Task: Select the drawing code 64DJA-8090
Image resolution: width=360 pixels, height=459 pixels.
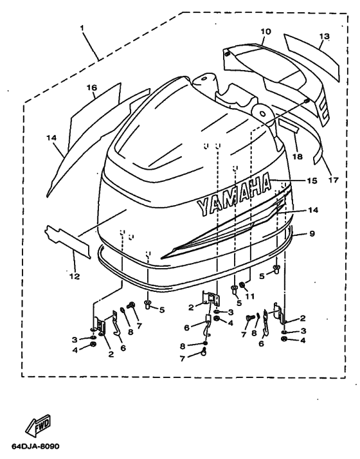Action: coord(35,447)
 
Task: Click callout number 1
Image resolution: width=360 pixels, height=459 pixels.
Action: coord(82,28)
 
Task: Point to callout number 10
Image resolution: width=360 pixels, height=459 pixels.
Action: coord(265,32)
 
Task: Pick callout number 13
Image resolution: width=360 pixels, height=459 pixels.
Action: coord(324,36)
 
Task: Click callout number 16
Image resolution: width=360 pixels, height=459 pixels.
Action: coord(92,87)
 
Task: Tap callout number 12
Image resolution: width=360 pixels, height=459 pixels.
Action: coord(75,276)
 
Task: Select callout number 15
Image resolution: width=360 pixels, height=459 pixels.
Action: coord(312,181)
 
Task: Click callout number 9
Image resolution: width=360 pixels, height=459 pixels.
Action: coord(312,233)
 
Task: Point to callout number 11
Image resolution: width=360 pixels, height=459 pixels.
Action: coord(249,296)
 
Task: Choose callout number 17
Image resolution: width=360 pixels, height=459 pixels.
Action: coord(334,179)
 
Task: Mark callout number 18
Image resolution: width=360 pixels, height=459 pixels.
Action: coord(298,157)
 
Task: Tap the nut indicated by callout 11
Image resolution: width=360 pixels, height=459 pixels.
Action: coord(242,285)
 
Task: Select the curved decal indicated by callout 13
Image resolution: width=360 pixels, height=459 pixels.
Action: coord(312,56)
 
